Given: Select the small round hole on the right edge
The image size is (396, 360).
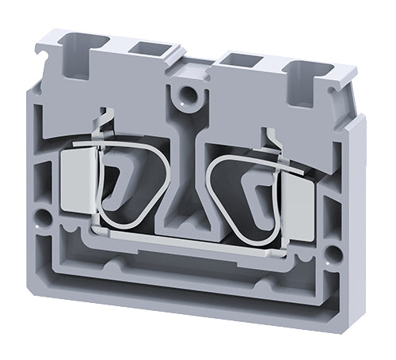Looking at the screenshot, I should pyautogui.click(x=334, y=253).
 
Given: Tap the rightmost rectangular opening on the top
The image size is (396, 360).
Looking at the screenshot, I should pyautogui.click(x=300, y=77).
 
